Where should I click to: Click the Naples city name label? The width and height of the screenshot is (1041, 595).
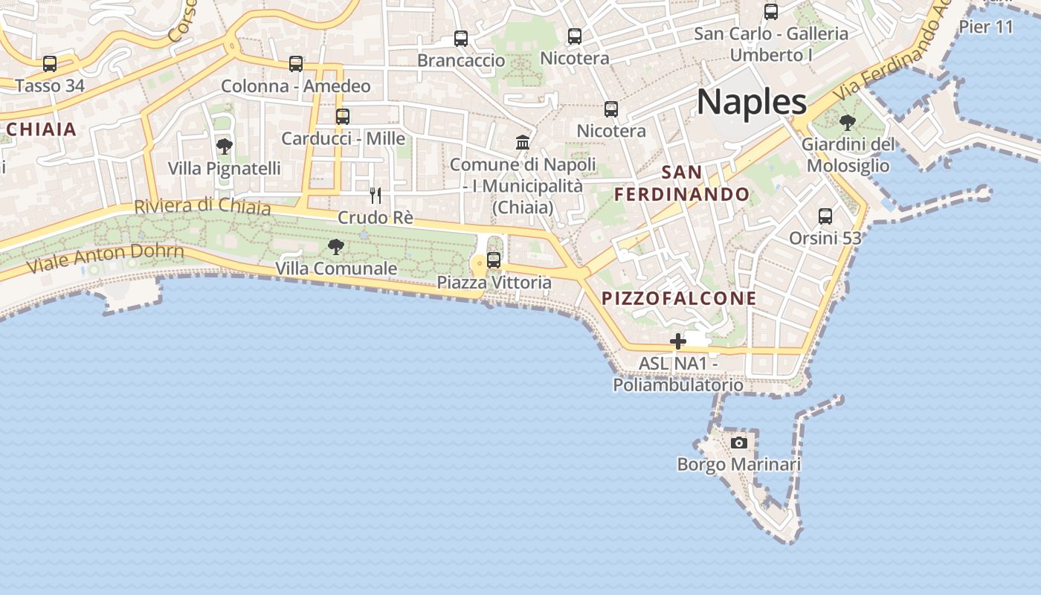pyautogui.click(x=752, y=101)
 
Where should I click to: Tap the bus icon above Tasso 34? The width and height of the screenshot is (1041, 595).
pyautogui.click(x=50, y=64)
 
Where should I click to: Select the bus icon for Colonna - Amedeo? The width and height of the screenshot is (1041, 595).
pyautogui.click(x=296, y=64)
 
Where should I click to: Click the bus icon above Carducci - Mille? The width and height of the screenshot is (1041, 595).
pyautogui.click(x=343, y=117)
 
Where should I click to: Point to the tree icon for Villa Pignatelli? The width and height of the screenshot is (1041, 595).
pyautogui.click(x=224, y=147)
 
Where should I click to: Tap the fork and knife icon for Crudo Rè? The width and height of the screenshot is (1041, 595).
pyautogui.click(x=376, y=196)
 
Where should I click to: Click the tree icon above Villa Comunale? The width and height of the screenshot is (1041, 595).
pyautogui.click(x=336, y=246)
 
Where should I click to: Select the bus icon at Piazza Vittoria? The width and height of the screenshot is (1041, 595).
pyautogui.click(x=494, y=260)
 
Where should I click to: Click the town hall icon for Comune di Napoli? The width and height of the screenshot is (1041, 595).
pyautogui.click(x=523, y=142)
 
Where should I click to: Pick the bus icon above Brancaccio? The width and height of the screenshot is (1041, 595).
pyautogui.click(x=461, y=39)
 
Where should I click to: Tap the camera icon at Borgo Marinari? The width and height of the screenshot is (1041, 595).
pyautogui.click(x=739, y=443)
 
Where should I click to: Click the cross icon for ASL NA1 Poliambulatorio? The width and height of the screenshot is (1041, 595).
pyautogui.click(x=678, y=341)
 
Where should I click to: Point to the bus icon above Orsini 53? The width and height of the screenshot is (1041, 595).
pyautogui.click(x=825, y=216)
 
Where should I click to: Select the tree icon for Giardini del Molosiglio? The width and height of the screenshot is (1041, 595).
pyautogui.click(x=847, y=123)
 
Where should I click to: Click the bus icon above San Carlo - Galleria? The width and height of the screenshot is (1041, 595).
pyautogui.click(x=771, y=12)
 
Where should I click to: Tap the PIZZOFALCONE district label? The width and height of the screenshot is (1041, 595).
pyautogui.click(x=679, y=299)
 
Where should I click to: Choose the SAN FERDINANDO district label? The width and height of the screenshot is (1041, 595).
pyautogui.click(x=683, y=184)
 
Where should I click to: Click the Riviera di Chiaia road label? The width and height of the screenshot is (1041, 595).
pyautogui.click(x=202, y=206)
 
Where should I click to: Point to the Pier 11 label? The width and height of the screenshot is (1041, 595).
pyautogui.click(x=986, y=28)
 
